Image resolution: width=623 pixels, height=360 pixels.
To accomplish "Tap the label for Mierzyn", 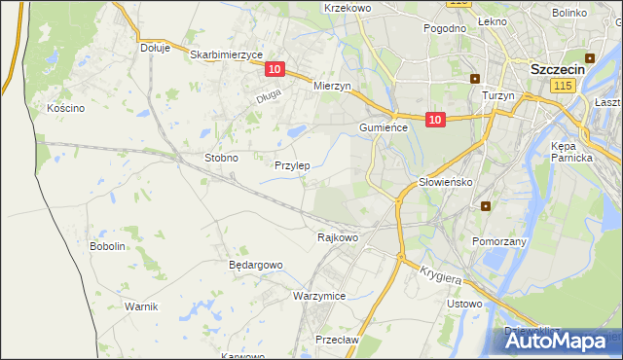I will [x=332, y=86].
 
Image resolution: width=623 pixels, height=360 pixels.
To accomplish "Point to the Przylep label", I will [x=292, y=165].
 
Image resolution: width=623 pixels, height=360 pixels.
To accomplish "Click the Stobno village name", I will [x=221, y=157].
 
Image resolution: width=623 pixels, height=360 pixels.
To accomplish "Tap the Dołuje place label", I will [x=155, y=47].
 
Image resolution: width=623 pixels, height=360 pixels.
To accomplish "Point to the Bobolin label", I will [x=107, y=246].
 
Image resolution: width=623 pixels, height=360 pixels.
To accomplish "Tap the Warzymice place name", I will [x=319, y=295].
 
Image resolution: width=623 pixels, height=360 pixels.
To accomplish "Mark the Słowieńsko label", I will [x=445, y=182].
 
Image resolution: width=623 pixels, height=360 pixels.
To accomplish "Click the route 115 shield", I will [x=561, y=87].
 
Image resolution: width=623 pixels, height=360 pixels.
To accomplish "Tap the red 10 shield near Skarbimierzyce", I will [x=275, y=69].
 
